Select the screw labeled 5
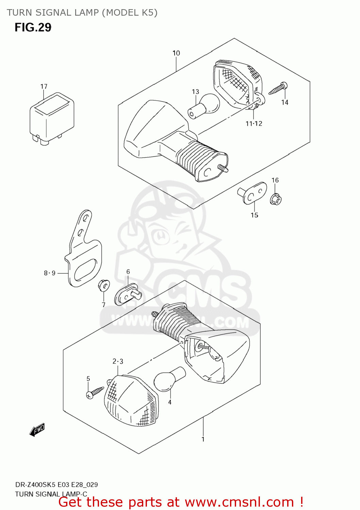[x=95, y=392]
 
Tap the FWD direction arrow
[x=37, y=430]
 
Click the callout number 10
[x=176, y=53]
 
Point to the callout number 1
[x=203, y=439]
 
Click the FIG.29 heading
[x=33, y=27]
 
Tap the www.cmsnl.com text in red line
[x=239, y=502]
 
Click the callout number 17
[x=44, y=86]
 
